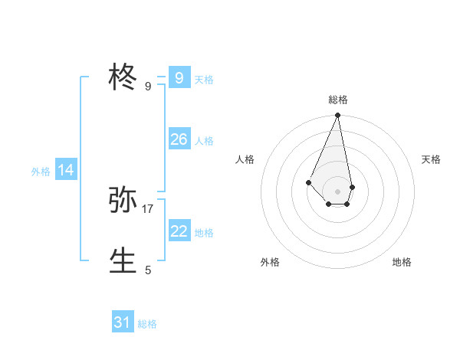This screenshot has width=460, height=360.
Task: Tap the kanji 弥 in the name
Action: [x=123, y=201]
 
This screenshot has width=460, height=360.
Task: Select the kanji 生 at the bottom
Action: [x=123, y=261]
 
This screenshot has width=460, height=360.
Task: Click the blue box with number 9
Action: [x=179, y=77]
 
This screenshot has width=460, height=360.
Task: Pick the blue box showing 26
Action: [x=179, y=139]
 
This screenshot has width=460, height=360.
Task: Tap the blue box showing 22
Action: [x=179, y=231]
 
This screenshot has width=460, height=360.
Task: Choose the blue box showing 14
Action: [x=66, y=170]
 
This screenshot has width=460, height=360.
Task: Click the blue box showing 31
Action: [x=123, y=322]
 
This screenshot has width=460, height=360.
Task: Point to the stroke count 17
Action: [x=148, y=208]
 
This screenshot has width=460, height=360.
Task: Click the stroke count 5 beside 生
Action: [x=148, y=270]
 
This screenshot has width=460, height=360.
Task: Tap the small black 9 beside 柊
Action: [x=148, y=86]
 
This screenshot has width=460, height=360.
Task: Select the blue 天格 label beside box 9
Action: [x=204, y=80]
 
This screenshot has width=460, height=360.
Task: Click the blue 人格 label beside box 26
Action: [x=204, y=141]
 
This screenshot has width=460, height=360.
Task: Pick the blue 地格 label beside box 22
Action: [x=204, y=233]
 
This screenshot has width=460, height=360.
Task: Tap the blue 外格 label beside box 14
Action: [x=41, y=172]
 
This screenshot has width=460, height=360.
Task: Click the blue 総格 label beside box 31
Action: [x=147, y=324]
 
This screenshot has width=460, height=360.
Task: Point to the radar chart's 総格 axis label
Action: [x=338, y=100]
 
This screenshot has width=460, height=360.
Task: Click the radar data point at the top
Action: [x=338, y=116]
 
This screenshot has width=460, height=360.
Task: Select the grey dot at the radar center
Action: [x=338, y=191]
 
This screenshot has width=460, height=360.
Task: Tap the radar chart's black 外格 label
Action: [x=270, y=262]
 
